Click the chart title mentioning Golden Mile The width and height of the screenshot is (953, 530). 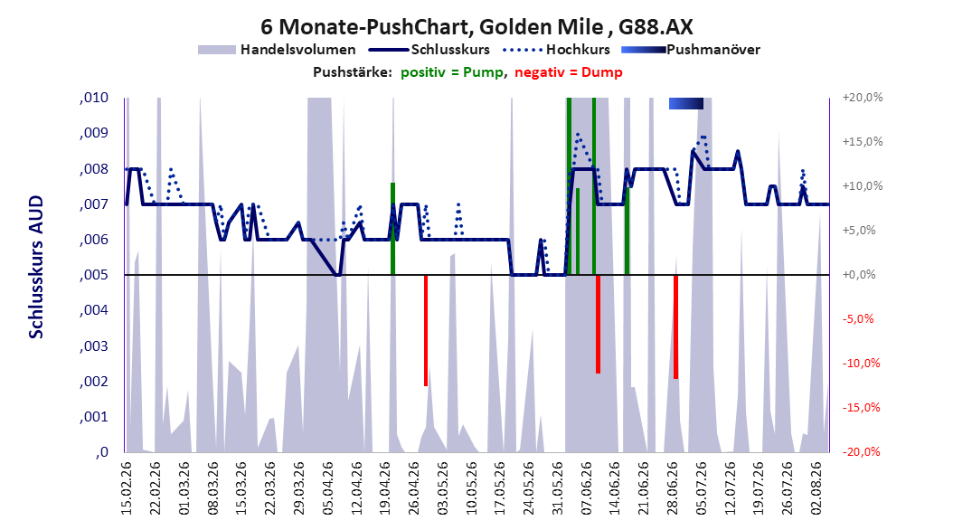(x=476, y=27)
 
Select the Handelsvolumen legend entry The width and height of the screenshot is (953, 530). (x=277, y=50)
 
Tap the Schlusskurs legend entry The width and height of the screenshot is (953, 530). (x=429, y=50)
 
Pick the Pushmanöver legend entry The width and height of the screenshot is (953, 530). (x=691, y=50)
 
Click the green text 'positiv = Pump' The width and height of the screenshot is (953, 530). (x=451, y=72)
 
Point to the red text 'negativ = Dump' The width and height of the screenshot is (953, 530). (x=569, y=72)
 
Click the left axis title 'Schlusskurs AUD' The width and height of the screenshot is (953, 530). (x=36, y=267)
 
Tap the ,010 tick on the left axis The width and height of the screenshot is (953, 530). (x=94, y=98)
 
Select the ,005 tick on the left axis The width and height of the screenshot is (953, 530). (x=94, y=275)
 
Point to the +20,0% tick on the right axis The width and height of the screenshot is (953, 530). (x=863, y=98)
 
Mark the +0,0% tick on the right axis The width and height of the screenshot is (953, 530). (x=859, y=275)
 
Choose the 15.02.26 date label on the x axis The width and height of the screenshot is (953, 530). (x=127, y=488)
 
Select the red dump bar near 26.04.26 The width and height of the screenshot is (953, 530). (x=426, y=331)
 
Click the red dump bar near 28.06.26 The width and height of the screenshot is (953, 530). (x=675, y=327)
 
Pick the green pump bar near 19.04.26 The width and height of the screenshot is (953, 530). (x=393, y=229)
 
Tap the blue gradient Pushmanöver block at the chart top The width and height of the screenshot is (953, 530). (x=686, y=103)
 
